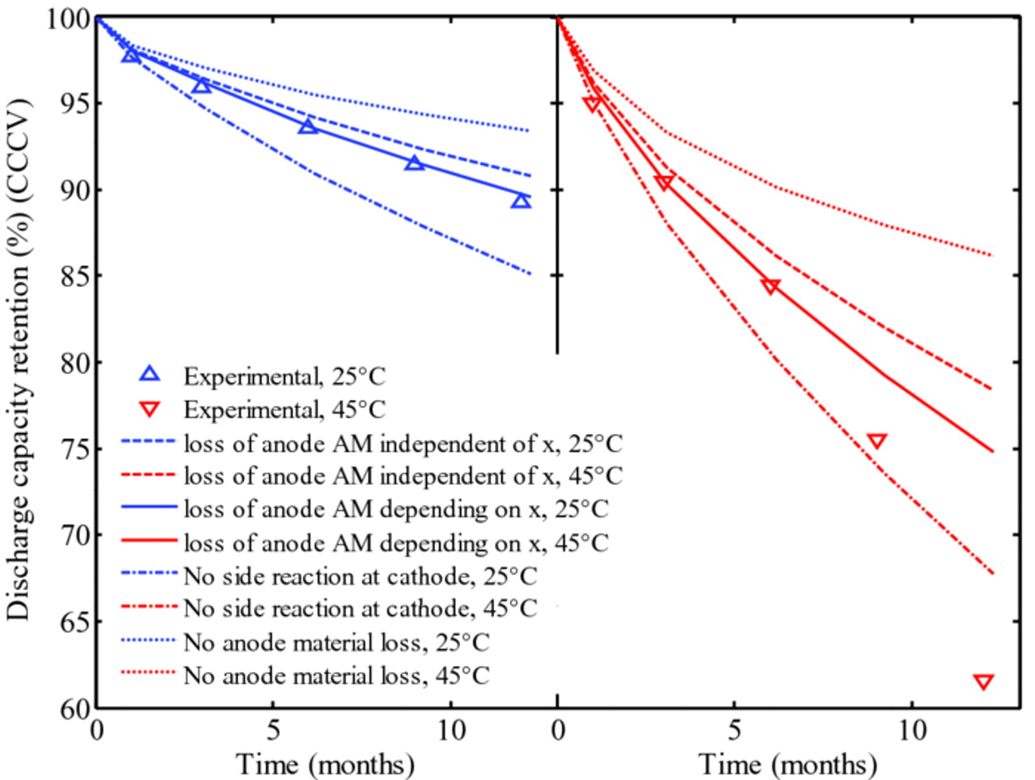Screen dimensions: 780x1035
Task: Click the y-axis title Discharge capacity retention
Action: click(x=18, y=360)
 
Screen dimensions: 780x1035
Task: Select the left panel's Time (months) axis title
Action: click(x=325, y=763)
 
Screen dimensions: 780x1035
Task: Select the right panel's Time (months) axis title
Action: click(x=788, y=763)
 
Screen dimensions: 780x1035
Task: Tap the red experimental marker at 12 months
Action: click(x=983, y=681)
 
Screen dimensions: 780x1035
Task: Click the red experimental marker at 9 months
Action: click(x=877, y=441)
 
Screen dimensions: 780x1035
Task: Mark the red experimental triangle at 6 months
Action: click(x=771, y=286)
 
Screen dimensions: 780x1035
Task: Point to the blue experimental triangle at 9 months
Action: click(x=414, y=163)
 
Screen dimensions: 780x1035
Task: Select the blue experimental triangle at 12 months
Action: click(x=521, y=200)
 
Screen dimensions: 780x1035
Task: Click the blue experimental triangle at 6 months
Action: click(x=308, y=126)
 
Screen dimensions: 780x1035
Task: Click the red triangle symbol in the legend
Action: click(x=150, y=410)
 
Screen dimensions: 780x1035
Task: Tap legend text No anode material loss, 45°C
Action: click(x=336, y=675)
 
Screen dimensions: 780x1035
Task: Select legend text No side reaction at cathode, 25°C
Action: click(x=360, y=576)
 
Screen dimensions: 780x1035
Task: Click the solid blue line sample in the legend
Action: click(x=149, y=508)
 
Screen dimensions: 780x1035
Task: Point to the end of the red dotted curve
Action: click(x=991, y=255)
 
